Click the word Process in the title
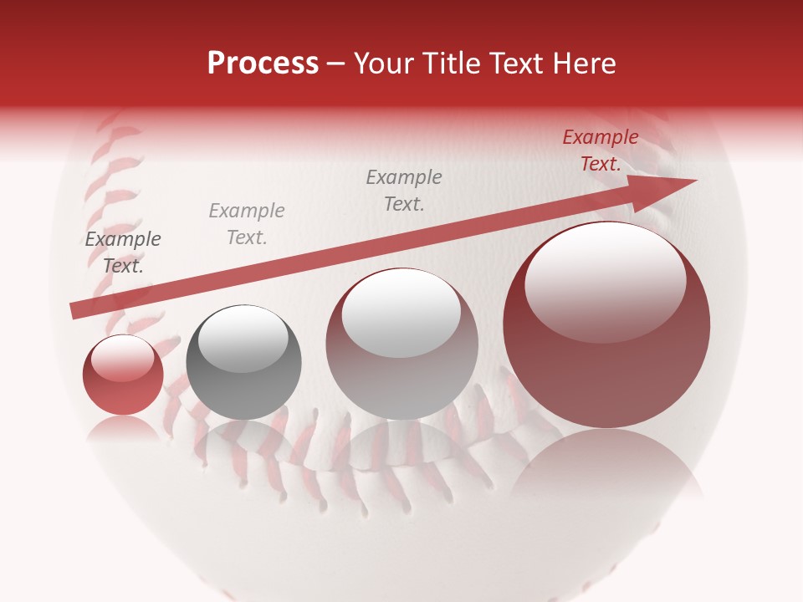point(263,63)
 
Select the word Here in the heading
point(583,64)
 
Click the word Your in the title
point(386,64)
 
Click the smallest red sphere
point(123,375)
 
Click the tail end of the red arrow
point(75,310)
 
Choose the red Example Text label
point(601,150)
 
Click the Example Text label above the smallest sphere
point(123,253)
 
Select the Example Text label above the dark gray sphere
point(247,224)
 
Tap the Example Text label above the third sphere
point(404,190)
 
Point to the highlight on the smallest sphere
point(123,358)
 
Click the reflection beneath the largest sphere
point(606,468)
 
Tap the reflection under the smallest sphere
point(123,428)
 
